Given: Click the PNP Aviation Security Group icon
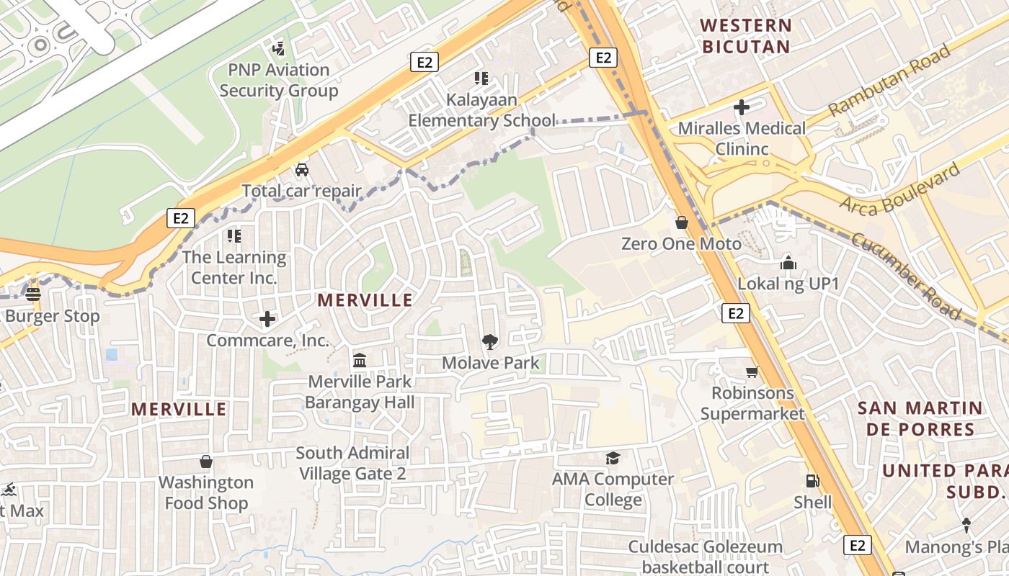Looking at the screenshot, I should [279, 49].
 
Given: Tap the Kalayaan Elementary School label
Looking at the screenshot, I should [481, 110].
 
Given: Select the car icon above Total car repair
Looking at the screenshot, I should [302, 170].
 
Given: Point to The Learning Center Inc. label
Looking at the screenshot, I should [234, 267].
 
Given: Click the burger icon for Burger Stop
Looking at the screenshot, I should [33, 294].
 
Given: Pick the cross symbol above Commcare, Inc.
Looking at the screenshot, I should [267, 318].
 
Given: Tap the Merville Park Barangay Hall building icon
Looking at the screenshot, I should [360, 360].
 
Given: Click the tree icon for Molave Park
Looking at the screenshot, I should [490, 341].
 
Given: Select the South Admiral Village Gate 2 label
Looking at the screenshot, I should [352, 463].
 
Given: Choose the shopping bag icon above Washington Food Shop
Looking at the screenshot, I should [206, 461].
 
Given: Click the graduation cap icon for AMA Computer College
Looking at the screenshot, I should [613, 458].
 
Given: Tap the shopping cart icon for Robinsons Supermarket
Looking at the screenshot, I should [752, 372].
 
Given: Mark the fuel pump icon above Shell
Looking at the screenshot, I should [812, 481].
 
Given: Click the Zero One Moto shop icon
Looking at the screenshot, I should [681, 222].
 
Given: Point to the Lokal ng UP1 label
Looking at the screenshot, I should [788, 284].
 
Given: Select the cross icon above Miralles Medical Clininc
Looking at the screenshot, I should [742, 108].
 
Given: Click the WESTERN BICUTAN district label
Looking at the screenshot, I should [746, 36].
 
